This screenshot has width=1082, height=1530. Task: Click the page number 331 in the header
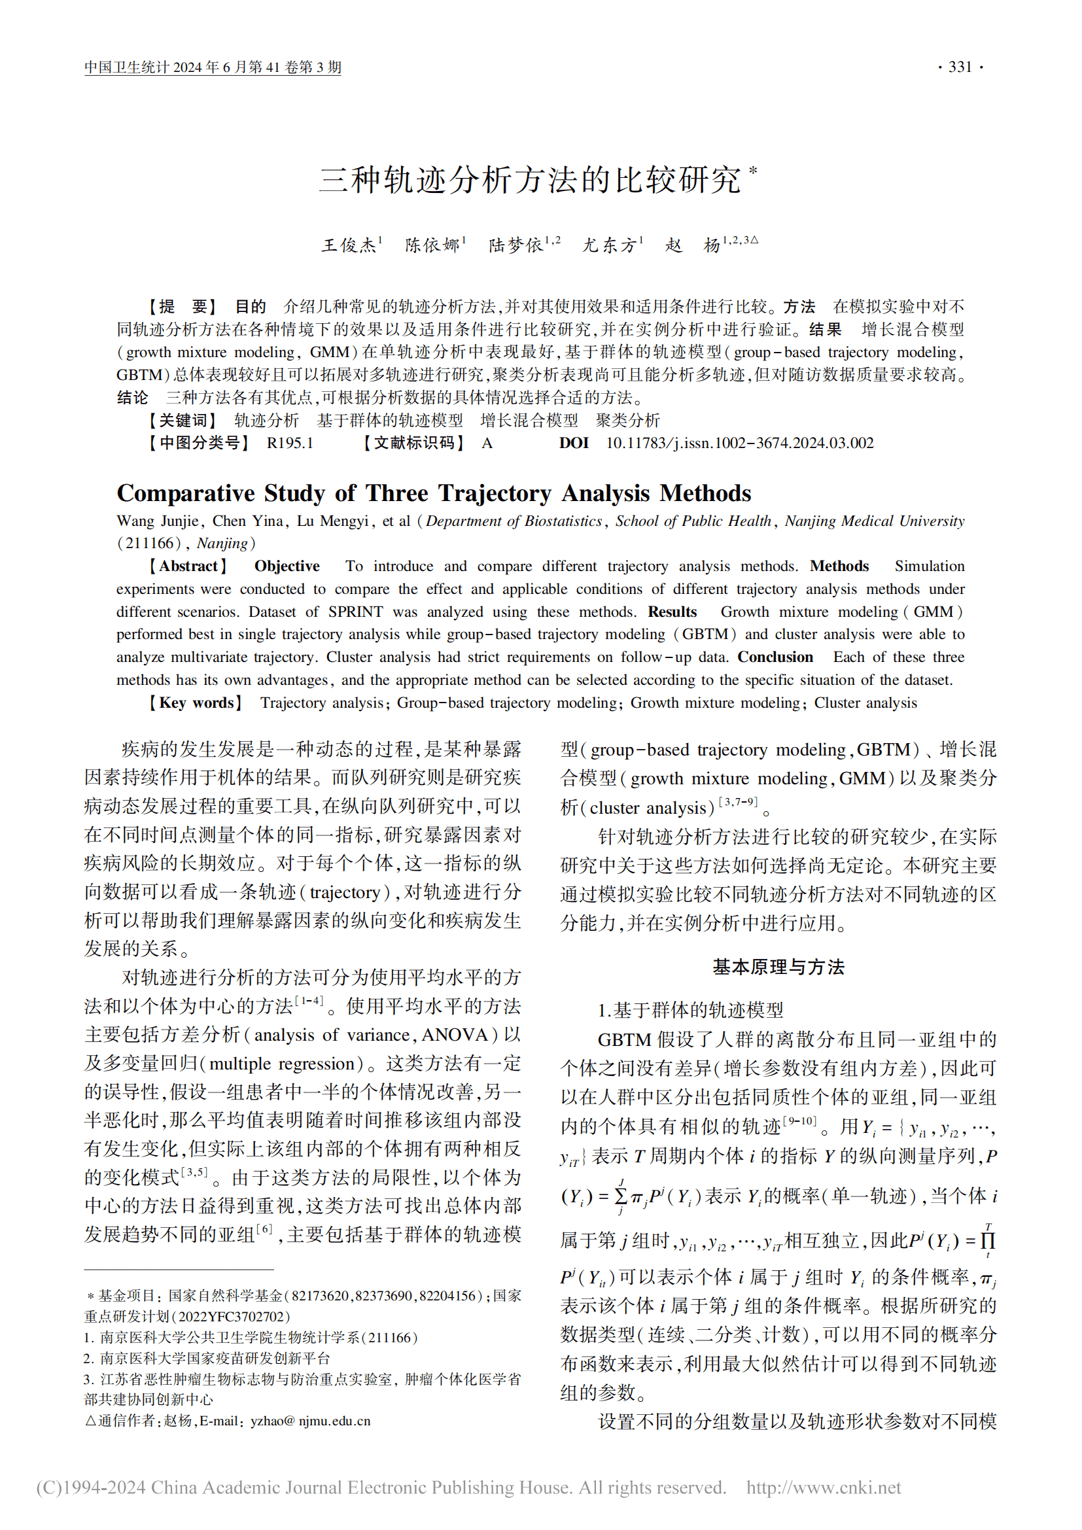(960, 67)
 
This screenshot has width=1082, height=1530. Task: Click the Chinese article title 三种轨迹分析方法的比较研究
(530, 180)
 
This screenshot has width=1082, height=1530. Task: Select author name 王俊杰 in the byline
(349, 245)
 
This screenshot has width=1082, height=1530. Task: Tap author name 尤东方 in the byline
(609, 245)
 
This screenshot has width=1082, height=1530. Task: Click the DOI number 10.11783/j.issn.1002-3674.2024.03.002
(740, 443)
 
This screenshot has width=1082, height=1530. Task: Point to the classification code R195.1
(290, 443)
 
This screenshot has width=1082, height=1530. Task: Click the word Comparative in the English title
(186, 494)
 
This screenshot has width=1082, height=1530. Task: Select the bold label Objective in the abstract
(287, 566)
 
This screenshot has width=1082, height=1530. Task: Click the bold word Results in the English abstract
(672, 612)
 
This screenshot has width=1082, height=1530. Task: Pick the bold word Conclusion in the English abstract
(775, 657)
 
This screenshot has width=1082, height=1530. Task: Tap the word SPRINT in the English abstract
(355, 612)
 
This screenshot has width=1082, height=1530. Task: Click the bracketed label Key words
(196, 703)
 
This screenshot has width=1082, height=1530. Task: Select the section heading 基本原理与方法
(778, 967)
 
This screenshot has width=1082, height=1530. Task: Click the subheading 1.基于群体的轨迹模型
(690, 1010)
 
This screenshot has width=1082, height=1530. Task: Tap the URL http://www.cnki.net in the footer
(823, 1488)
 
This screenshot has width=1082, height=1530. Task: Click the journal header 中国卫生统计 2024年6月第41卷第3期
(213, 67)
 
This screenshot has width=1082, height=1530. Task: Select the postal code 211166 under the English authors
(150, 544)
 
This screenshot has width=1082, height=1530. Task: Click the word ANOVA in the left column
(455, 1035)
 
